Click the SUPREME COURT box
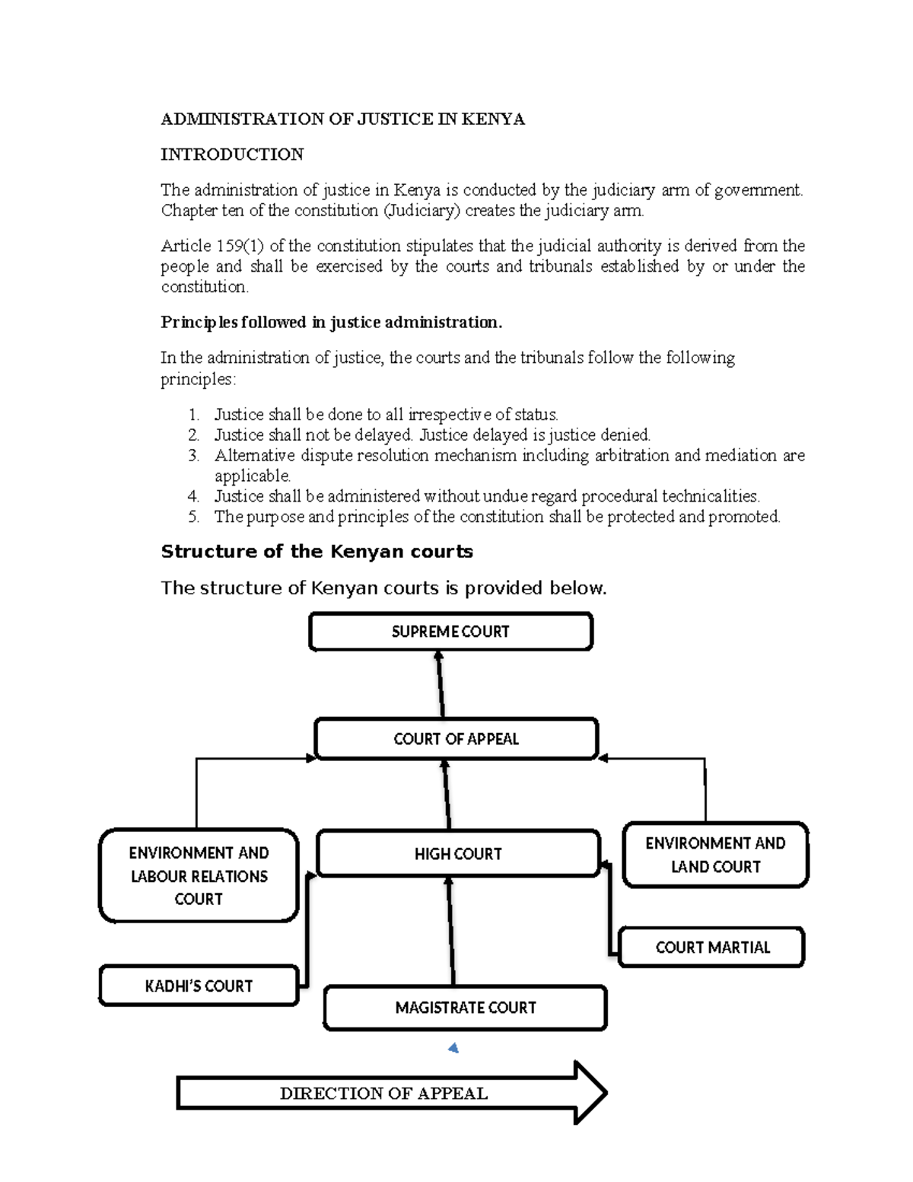coord(450,632)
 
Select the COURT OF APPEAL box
coord(456,739)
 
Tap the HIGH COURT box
coord(458,854)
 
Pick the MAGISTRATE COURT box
coord(465,1008)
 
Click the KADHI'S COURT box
coord(199,986)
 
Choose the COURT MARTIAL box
coord(712,948)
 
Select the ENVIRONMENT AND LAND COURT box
coord(715,855)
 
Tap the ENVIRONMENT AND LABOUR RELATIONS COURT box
coord(199,876)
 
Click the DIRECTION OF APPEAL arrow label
coord(383,1094)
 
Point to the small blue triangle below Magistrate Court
coord(454,1049)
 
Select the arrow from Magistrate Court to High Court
coord(450,930)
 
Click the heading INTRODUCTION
coord(232,155)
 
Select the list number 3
coord(193,456)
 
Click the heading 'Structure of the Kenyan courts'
coord(317,552)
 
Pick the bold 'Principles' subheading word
coord(199,323)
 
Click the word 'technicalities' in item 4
coord(710,496)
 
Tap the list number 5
coord(193,517)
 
